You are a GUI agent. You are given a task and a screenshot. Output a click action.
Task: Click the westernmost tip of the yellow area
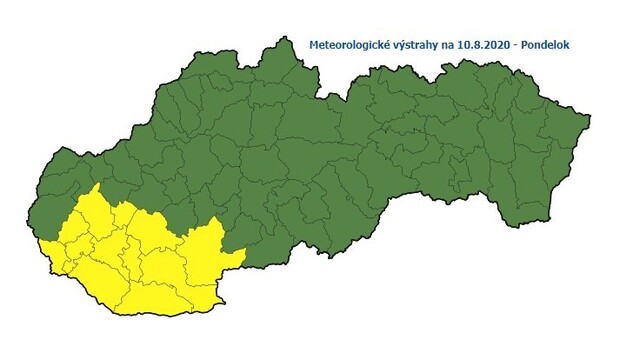pyautogui.click(x=41, y=242)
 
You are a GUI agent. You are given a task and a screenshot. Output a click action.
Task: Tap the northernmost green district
pyautogui.click(x=270, y=65)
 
